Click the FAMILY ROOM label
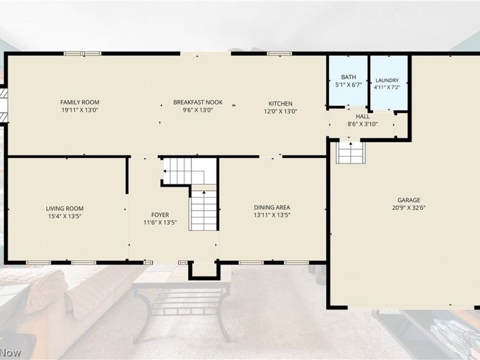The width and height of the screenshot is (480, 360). pyautogui.click(x=80, y=102)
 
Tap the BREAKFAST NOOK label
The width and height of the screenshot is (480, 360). pyautogui.click(x=198, y=102)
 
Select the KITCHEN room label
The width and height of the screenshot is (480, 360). pyautogui.click(x=280, y=103)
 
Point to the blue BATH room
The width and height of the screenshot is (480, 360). pyautogui.click(x=349, y=81)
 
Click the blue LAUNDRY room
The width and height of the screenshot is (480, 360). pyautogui.click(x=389, y=83)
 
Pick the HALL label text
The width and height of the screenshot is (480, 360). pyautogui.click(x=362, y=116)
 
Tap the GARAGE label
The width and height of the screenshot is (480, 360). pyautogui.click(x=409, y=200)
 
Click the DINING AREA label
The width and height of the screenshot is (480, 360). pyautogui.click(x=272, y=208)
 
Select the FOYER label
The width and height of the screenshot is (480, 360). pyautogui.click(x=160, y=215)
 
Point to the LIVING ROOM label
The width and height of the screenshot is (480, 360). pyautogui.click(x=65, y=208)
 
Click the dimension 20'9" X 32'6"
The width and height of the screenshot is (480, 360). pyautogui.click(x=409, y=208)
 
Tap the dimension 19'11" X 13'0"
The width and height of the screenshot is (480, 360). pyautogui.click(x=80, y=110)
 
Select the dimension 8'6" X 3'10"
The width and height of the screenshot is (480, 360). pyautogui.click(x=362, y=124)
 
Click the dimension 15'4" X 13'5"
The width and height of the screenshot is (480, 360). pyautogui.click(x=65, y=216)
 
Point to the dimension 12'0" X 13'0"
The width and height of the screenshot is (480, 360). pyautogui.click(x=280, y=111)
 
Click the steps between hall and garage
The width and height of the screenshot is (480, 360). pyautogui.click(x=350, y=152)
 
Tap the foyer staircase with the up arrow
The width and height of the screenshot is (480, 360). pyautogui.click(x=203, y=210)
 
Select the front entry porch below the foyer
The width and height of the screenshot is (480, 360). pyautogui.click(x=203, y=270)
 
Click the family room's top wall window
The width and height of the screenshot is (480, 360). pyautogui.click(x=83, y=53)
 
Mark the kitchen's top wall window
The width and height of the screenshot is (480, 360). pyautogui.click(x=280, y=53)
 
